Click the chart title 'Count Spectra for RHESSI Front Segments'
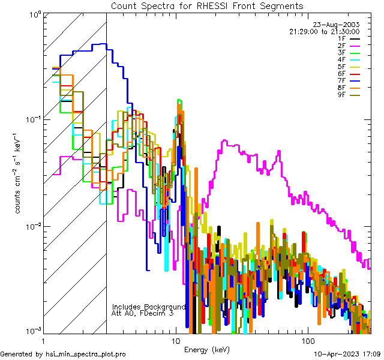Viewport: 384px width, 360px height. point(207,5)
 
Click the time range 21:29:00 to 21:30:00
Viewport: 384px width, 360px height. point(324,31)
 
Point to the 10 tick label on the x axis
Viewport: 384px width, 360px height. point(176,340)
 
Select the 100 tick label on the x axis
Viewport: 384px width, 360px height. point(307,340)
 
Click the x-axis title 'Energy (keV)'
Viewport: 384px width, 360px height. point(207,349)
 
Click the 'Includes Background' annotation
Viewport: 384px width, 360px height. point(149,307)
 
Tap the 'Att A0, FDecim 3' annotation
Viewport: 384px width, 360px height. point(143,313)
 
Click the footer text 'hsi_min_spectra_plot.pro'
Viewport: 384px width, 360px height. point(86,355)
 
